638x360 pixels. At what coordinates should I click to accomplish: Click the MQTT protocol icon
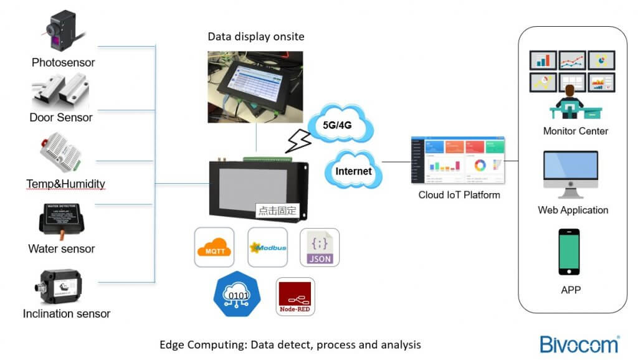click(214, 247)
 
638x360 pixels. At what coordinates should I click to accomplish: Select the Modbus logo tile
click(267, 247)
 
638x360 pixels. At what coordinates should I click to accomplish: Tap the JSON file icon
click(320, 247)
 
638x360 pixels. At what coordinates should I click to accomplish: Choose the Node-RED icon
click(295, 296)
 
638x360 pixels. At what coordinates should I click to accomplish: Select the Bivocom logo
click(579, 344)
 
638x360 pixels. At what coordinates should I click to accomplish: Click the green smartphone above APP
click(568, 252)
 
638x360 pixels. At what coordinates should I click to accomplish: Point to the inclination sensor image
click(63, 285)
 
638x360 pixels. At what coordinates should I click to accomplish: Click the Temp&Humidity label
click(65, 184)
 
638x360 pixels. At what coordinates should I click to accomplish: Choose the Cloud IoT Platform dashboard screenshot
click(457, 159)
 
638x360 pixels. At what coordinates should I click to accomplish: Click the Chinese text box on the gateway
click(277, 211)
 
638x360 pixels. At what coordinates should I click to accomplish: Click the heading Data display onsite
click(255, 37)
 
